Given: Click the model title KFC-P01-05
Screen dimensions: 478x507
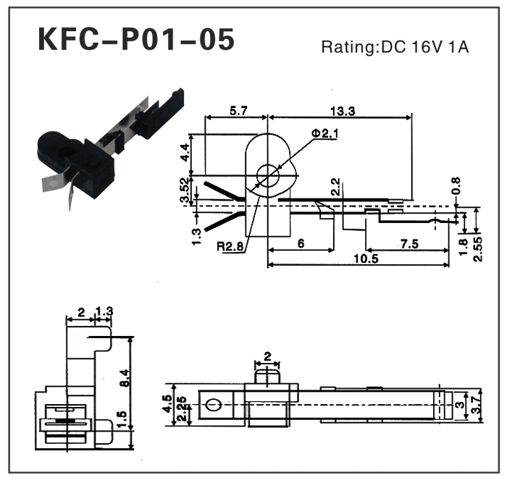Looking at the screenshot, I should pyautogui.click(x=136, y=41).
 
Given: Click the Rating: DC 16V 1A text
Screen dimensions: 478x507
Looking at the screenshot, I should pyautogui.click(x=395, y=49).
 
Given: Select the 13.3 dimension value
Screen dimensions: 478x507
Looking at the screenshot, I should pyautogui.click(x=340, y=111).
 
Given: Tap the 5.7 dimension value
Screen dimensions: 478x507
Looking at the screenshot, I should pyautogui.click(x=238, y=111).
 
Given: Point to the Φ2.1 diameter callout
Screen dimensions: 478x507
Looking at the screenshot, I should pyautogui.click(x=325, y=134).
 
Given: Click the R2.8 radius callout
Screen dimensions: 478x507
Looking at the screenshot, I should pyautogui.click(x=231, y=246).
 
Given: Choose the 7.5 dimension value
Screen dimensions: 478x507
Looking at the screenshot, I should pyautogui.click(x=409, y=244).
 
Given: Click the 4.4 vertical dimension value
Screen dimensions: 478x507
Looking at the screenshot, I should pyautogui.click(x=185, y=153).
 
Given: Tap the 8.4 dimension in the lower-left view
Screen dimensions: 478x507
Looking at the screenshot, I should pyautogui.click(x=125, y=377).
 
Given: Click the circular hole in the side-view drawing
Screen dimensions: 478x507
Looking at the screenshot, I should pyautogui.click(x=269, y=174).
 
